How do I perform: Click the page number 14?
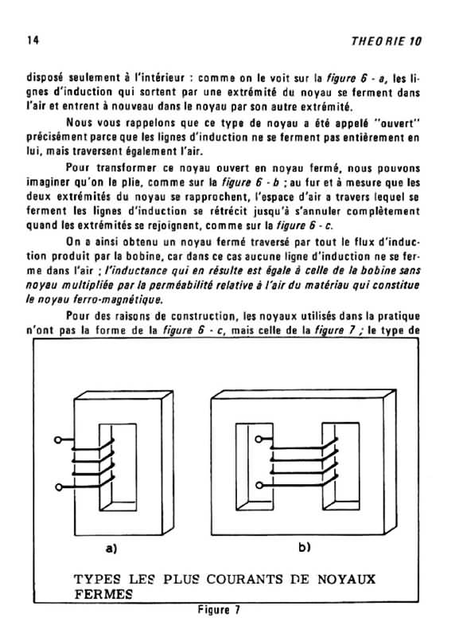33,41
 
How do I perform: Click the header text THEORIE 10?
387,41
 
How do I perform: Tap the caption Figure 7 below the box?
219,610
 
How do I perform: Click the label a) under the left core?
111,549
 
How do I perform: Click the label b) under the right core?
305,548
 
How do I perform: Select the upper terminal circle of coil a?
58,440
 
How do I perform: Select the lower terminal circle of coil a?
58,487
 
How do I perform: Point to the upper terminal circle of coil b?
259,439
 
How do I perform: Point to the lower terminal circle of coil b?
259,485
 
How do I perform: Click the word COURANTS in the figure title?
244,579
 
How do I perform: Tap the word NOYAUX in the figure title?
347,579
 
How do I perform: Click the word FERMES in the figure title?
103,594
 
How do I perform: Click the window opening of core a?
118,467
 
